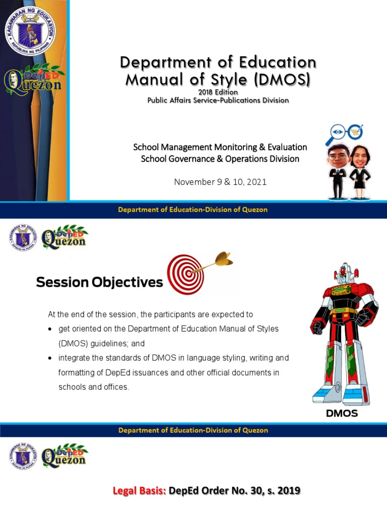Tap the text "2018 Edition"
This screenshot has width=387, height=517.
218,92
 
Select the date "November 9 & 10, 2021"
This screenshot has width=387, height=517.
220,182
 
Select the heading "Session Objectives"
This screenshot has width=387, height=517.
99,282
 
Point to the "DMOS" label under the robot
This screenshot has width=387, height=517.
342,413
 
